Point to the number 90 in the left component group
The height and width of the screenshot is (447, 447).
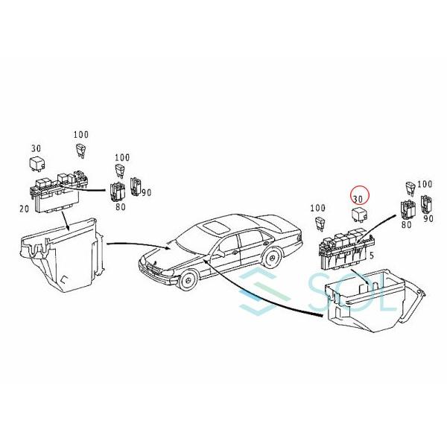pyautogui.click(x=146, y=193)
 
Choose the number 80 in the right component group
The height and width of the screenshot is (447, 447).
pyautogui.click(x=407, y=223)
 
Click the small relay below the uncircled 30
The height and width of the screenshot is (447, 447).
pyautogui.click(x=36, y=162)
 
